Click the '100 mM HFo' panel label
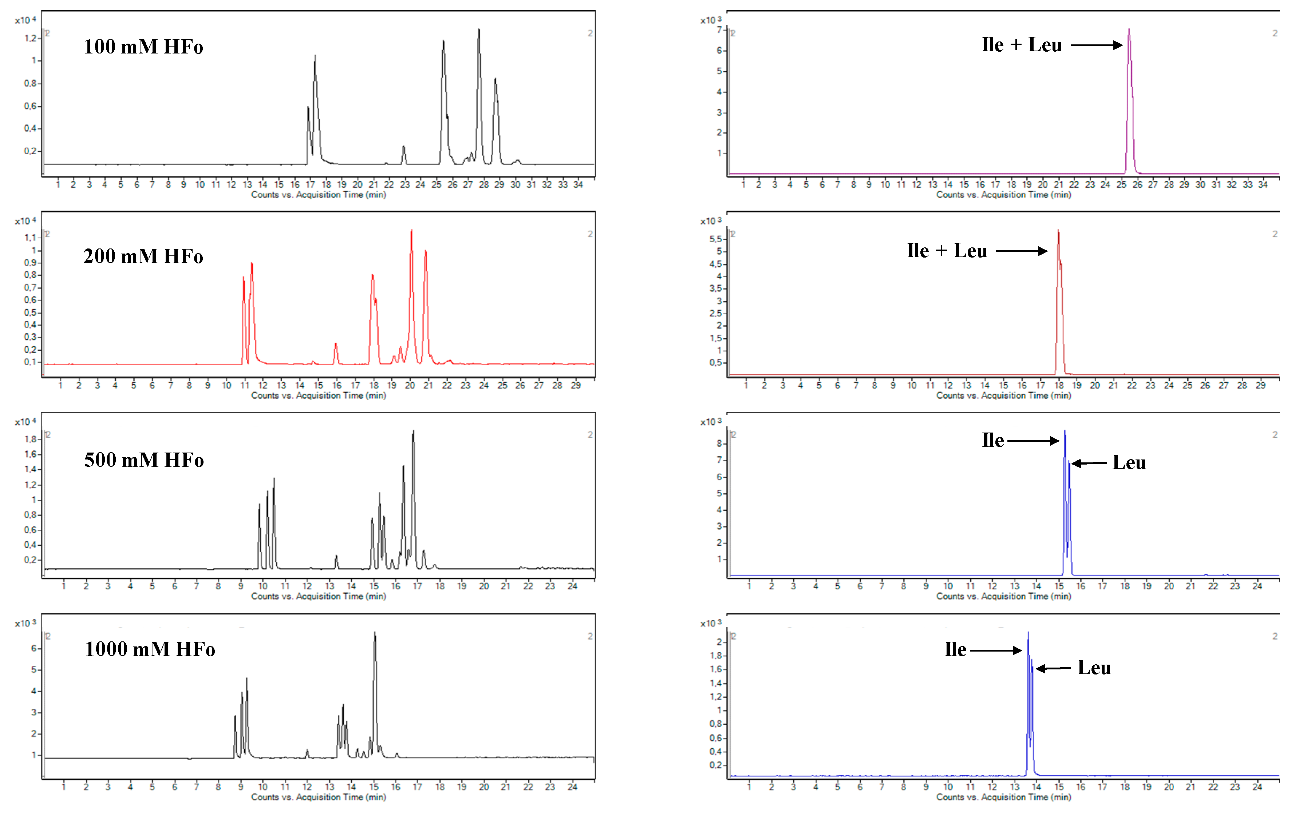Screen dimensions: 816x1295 coord(143,47)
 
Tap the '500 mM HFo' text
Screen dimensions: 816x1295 coord(143,460)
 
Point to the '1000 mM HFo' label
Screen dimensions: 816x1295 coord(150,649)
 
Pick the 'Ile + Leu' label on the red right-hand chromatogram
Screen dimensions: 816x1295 coord(947,251)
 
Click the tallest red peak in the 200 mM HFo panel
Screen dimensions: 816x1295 coord(411,231)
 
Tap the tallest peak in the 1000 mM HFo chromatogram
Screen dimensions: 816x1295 coord(375,634)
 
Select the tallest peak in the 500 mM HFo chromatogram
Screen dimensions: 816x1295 coord(413,432)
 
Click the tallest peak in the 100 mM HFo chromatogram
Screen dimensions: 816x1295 coord(479,30)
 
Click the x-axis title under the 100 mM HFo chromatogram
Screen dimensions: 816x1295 coord(318,195)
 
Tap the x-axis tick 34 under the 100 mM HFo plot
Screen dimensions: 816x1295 coord(578,184)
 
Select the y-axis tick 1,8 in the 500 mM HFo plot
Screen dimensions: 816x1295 coord(30,439)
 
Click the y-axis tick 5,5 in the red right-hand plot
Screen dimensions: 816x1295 coord(716,239)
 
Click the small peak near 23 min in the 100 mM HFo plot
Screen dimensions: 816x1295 coord(404,147)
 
